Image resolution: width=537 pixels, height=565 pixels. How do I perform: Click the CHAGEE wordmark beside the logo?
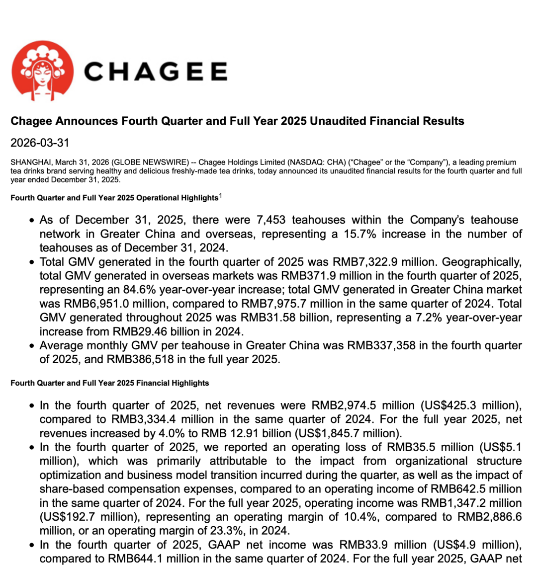156,72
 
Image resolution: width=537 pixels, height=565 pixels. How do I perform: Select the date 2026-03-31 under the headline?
39,143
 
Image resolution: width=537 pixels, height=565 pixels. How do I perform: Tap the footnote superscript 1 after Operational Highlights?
221,195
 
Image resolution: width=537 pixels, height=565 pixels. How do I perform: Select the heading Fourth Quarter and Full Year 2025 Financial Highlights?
110,383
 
